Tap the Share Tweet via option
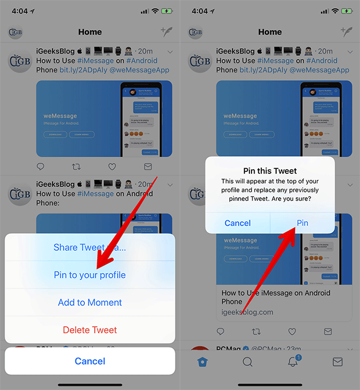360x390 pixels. [89, 247]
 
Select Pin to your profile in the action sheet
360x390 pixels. [89, 275]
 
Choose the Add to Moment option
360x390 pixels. [89, 303]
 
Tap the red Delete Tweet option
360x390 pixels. [89, 330]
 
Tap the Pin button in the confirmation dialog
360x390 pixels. [302, 223]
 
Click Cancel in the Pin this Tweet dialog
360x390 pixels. [238, 223]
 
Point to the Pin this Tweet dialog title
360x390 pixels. [270, 171]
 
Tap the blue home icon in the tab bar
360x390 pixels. [203, 362]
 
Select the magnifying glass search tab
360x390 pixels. [247, 362]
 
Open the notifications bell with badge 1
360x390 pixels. [293, 362]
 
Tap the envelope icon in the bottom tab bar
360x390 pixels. [337, 362]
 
